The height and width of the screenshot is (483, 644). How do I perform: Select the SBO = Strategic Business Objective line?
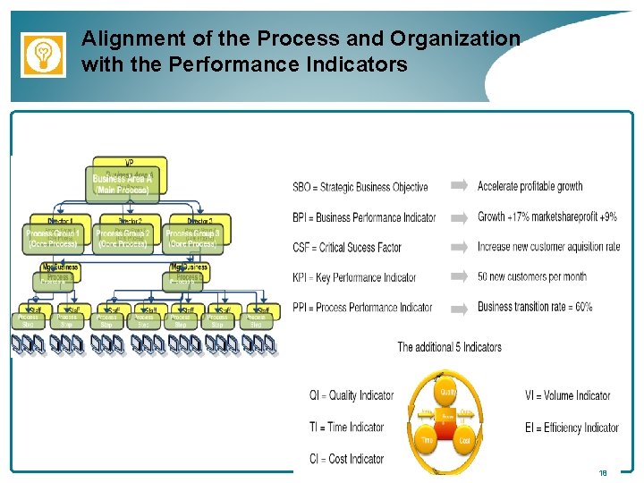pyautogui.click(x=360, y=187)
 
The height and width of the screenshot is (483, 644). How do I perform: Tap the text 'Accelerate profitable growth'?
pyautogui.click(x=530, y=186)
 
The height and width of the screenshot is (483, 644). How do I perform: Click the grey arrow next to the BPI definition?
pyautogui.click(x=458, y=216)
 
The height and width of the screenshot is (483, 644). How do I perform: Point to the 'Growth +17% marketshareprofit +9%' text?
pyautogui.click(x=547, y=216)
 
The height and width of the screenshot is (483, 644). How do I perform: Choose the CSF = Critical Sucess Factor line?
pyautogui.click(x=346, y=247)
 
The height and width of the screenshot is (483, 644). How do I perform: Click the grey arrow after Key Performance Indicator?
pyautogui.click(x=458, y=276)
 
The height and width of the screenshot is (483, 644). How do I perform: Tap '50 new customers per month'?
pyautogui.click(x=532, y=276)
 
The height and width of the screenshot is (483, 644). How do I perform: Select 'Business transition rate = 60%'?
pyautogui.click(x=535, y=307)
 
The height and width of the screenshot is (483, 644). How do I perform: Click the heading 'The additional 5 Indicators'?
pyautogui.click(x=449, y=347)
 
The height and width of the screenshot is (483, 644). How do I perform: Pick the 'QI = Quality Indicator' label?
pyautogui.click(x=352, y=395)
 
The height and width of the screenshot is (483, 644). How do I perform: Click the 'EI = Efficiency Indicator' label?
pyautogui.click(x=572, y=428)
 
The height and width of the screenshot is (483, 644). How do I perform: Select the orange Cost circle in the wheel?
pyautogui.click(x=465, y=441)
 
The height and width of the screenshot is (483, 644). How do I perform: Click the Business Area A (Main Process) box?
pyautogui.click(x=123, y=184)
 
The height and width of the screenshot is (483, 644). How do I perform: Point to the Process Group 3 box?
pyautogui.click(x=192, y=237)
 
